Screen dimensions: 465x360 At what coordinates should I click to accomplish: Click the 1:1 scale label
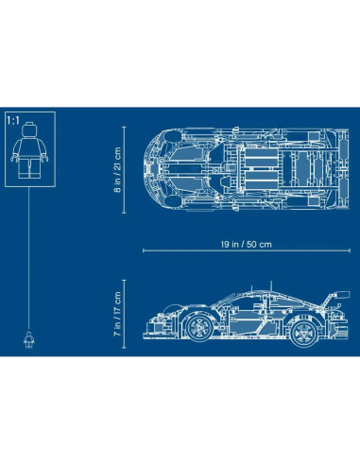tap(13, 121)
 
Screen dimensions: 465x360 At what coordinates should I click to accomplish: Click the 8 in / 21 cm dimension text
tap(118, 169)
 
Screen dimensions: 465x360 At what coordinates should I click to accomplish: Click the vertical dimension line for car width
tap(131, 169)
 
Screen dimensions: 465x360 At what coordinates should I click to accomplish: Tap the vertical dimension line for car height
tap(131, 312)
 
